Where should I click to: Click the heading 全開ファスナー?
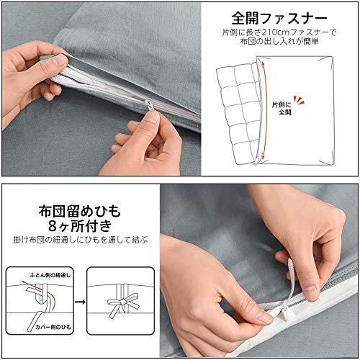coord(279,19)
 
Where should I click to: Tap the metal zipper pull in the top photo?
coord(149,105)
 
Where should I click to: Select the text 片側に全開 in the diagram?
coord(282,108)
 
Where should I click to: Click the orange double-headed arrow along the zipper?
coord(264,110)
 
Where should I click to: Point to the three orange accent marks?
coord(299,100)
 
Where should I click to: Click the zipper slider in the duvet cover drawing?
coord(256,163)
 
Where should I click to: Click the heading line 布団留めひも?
coord(79,211)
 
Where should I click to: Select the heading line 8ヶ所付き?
coord(80,226)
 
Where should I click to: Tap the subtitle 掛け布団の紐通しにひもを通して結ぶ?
coord(81,240)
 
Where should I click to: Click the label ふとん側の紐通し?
coord(50,275)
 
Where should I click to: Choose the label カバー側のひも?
coord(53,327)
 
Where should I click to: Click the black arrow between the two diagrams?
coord(80,302)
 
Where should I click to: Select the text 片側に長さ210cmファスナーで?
coord(279,32)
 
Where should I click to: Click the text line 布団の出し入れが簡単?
coord(279,42)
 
